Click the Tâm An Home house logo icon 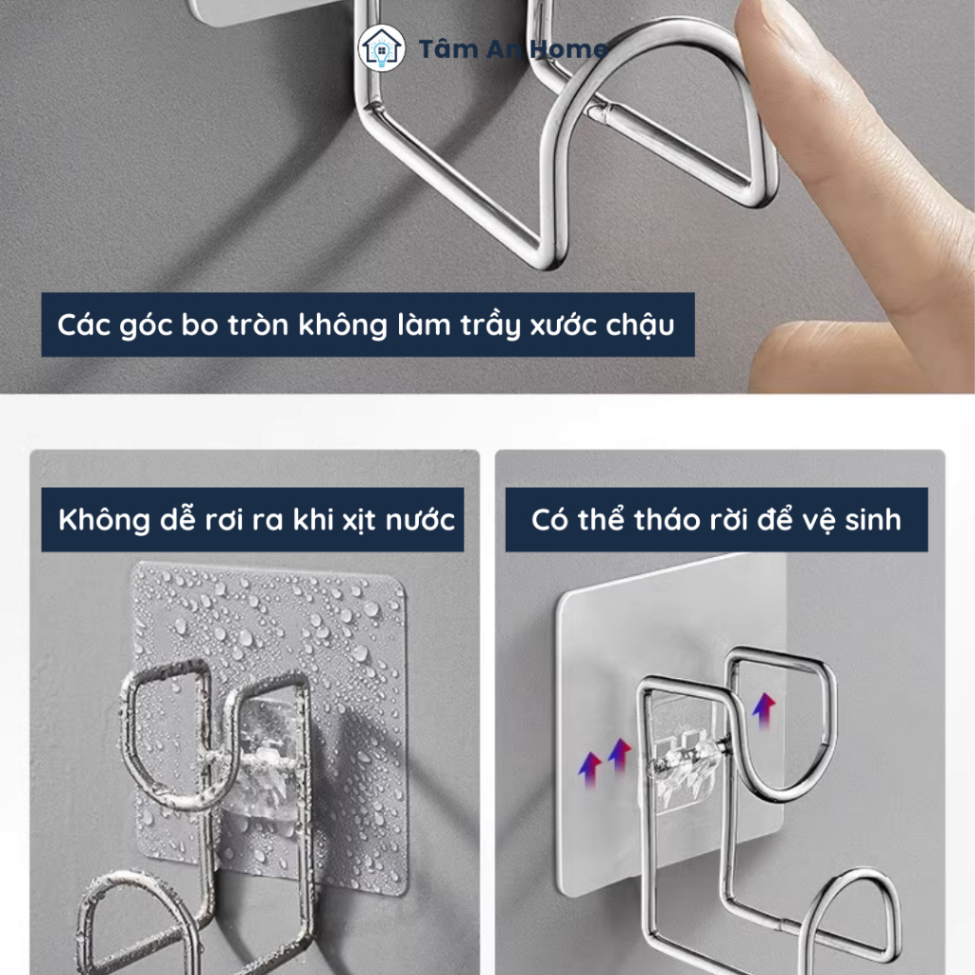(x=382, y=49)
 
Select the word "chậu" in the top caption (x=641, y=326)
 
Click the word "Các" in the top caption (x=84, y=325)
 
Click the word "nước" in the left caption (x=421, y=519)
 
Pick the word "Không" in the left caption (x=103, y=520)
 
